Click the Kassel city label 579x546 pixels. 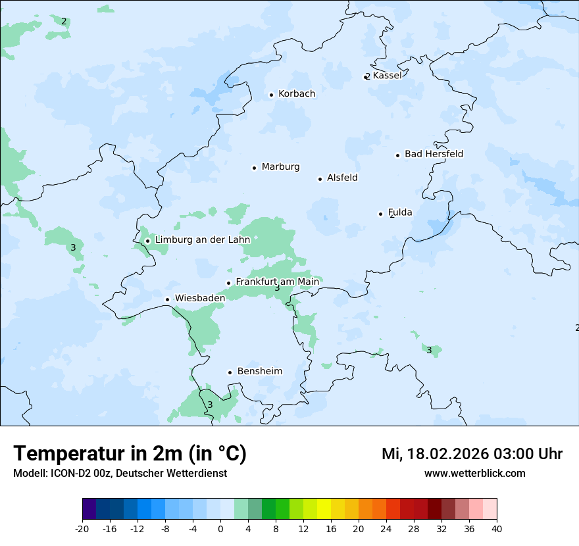pos(387,76)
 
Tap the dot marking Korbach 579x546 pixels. pos(271,95)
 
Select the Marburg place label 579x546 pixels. pos(280,167)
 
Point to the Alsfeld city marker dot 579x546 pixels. pos(320,179)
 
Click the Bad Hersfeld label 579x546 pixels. pos(434,154)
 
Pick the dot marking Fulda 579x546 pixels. pos(380,214)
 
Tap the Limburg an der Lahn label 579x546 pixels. pos(203,240)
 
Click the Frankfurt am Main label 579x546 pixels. pos(277,282)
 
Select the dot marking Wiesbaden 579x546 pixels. pos(168,299)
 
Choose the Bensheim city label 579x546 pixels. pos(259,371)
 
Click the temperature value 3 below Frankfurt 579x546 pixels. pos(277,288)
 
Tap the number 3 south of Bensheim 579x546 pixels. pos(210,405)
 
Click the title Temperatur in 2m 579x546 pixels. pos(130,453)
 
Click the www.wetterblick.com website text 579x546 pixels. pos(474,473)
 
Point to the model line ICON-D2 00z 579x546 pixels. pos(120,473)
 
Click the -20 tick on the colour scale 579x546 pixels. pos(82,528)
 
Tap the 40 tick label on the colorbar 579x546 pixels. pos(497,528)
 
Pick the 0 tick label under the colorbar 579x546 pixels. pos(220,528)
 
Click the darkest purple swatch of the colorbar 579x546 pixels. pos(89,509)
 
